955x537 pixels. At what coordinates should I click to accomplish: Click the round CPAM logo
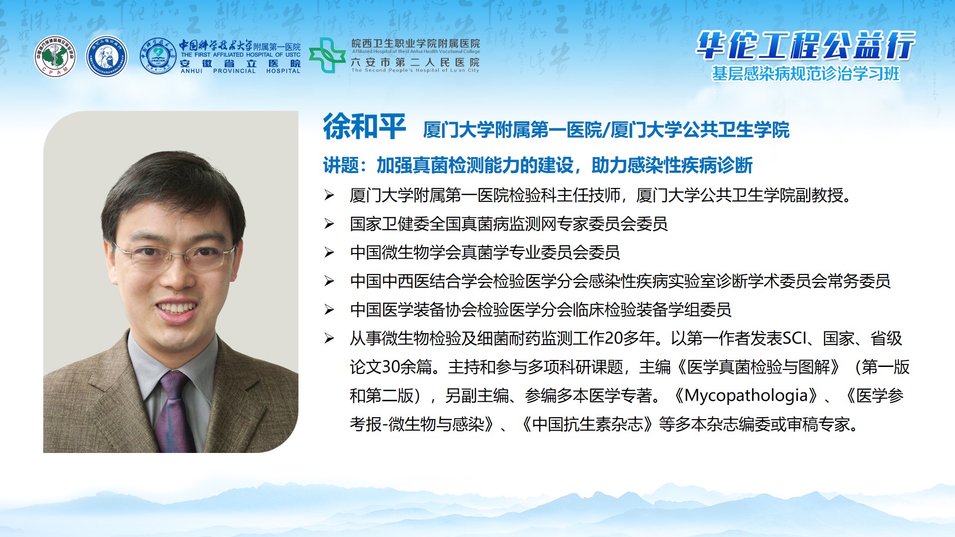(55, 56)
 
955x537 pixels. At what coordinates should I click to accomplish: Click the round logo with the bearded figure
(106, 56)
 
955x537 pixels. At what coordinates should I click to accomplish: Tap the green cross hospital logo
(327, 55)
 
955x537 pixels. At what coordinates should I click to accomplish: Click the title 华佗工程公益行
(805, 46)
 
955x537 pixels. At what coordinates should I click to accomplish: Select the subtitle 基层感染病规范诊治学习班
(806, 74)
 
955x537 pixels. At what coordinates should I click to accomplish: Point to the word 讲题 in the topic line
(341, 165)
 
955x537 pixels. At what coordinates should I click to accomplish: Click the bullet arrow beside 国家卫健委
(329, 224)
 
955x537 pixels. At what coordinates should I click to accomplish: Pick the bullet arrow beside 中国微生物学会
(329, 253)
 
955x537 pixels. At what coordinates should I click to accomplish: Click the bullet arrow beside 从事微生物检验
(329, 339)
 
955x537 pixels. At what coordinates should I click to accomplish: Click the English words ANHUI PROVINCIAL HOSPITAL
(240, 71)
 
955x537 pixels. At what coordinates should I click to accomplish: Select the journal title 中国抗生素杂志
(587, 424)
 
